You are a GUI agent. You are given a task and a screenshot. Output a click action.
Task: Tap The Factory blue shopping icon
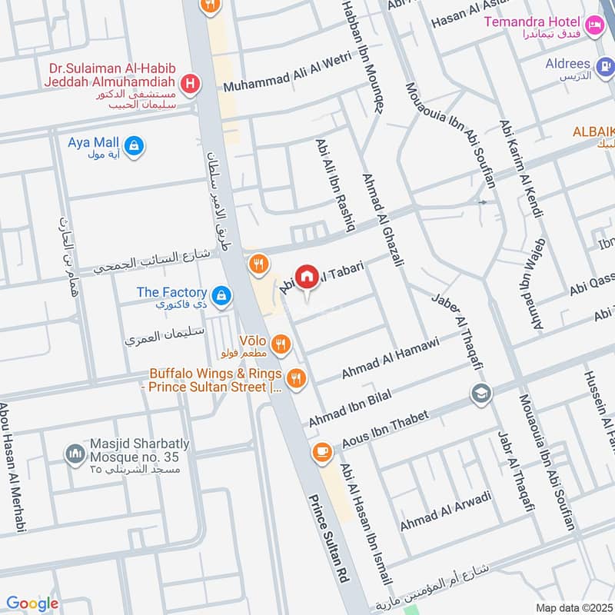[221, 294]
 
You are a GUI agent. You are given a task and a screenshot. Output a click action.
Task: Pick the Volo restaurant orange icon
[281, 345]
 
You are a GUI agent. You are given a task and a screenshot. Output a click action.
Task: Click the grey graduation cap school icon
[482, 394]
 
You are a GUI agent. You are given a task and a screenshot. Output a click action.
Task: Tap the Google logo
[32, 603]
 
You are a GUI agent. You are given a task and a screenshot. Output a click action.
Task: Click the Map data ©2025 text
[573, 607]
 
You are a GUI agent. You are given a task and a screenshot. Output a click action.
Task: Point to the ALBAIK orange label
[593, 132]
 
